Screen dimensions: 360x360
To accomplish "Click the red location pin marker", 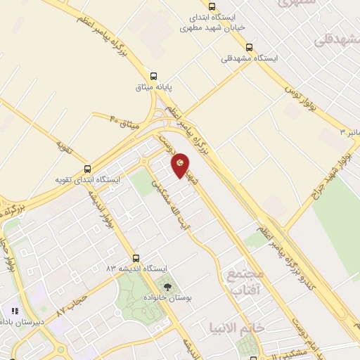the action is (x=181, y=165).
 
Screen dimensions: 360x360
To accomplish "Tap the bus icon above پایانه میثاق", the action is (x=154, y=76).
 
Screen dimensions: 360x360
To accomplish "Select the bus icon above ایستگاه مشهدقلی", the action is (x=249, y=48).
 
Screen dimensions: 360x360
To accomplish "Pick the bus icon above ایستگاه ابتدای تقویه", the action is (x=87, y=169).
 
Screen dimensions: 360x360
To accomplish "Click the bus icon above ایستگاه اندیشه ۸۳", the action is (x=136, y=258).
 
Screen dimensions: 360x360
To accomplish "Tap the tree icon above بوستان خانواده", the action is (x=167, y=287).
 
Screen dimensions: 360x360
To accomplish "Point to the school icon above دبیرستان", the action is (x=14, y=310).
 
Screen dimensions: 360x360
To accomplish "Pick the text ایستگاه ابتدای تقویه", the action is (x=88, y=180).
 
